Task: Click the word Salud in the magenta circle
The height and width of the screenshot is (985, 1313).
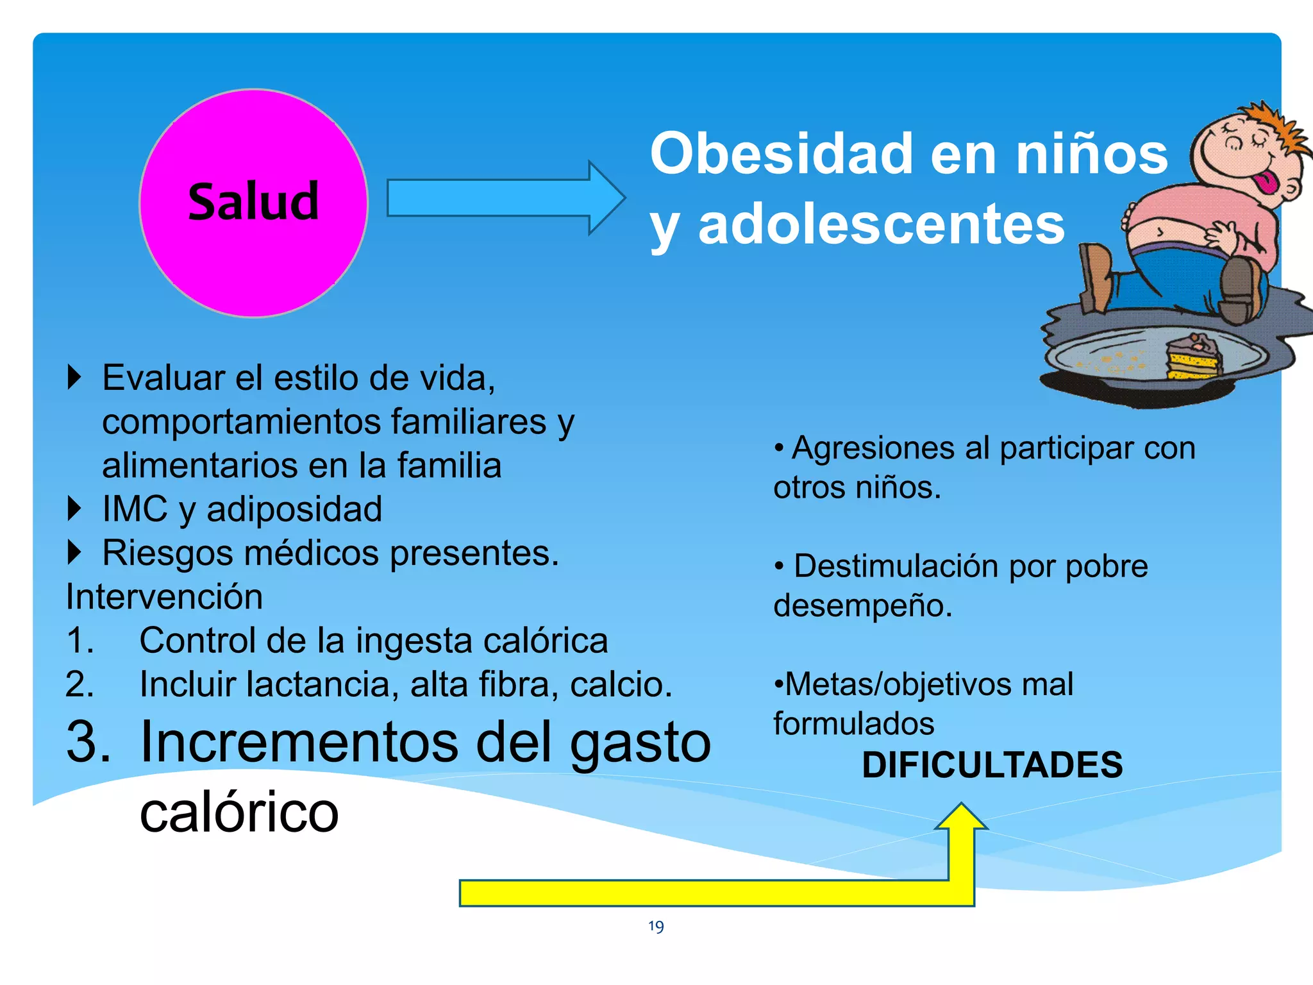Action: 253,201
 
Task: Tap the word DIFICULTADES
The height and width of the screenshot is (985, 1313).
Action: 992,764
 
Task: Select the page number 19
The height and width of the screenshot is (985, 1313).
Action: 656,926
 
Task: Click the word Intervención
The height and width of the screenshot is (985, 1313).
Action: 164,596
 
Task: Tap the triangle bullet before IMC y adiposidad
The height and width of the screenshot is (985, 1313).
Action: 75,509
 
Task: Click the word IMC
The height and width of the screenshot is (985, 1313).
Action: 135,509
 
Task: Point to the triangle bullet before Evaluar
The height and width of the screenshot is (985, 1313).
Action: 75,377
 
